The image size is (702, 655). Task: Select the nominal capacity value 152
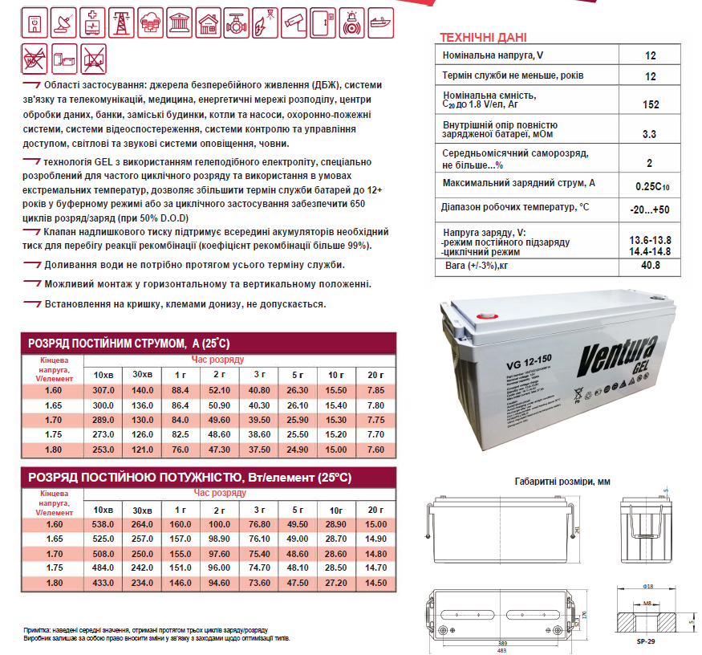650,105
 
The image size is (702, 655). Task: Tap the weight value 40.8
650,265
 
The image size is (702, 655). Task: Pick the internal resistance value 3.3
650,133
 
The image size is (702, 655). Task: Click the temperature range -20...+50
651,209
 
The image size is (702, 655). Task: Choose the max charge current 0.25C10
651,185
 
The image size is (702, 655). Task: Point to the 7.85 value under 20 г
375,390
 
